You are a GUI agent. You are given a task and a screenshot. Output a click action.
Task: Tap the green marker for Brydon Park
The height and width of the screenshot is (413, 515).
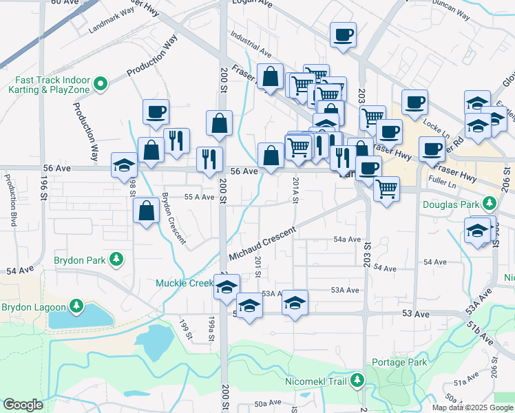pyautogui.click(x=117, y=259)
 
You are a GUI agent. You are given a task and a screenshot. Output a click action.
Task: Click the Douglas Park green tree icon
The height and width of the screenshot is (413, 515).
pyautogui.click(x=490, y=203)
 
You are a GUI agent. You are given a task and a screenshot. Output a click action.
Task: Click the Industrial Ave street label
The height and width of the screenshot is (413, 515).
pyautogui.click(x=251, y=52)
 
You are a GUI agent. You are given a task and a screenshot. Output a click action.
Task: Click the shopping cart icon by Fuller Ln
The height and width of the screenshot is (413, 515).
pyautogui.click(x=387, y=187)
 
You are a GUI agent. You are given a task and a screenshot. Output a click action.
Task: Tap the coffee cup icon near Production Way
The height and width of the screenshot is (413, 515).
pyautogui.click(x=156, y=112)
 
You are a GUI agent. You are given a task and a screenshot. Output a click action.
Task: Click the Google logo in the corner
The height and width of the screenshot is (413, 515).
pyautogui.click(x=23, y=405)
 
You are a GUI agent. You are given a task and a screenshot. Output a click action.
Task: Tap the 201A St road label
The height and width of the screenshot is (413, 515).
pyautogui.click(x=295, y=191)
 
